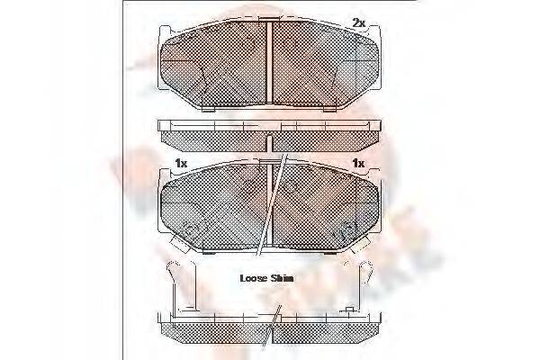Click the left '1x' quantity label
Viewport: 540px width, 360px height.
[181, 163]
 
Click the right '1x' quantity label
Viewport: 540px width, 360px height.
[357, 163]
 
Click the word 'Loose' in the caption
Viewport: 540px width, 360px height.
[255, 277]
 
